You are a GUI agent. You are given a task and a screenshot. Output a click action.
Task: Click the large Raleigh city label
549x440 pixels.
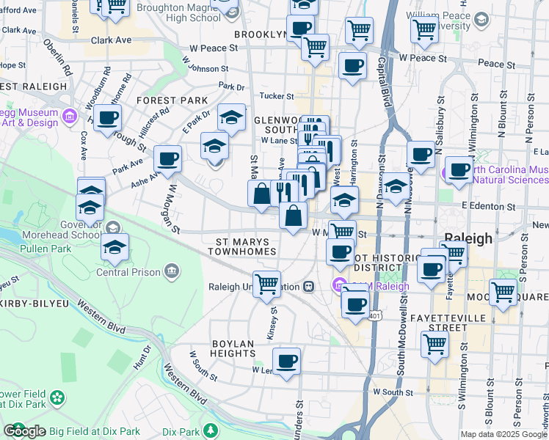(x=470, y=238)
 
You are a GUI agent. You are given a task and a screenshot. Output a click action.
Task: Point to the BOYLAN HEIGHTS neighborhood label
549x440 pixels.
(x=243, y=344)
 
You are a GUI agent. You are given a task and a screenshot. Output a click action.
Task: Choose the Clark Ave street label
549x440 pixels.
(x=112, y=40)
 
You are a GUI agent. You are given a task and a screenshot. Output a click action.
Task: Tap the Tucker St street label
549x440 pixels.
(x=276, y=96)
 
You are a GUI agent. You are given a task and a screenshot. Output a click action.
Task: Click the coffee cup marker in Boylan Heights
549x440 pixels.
(x=286, y=360)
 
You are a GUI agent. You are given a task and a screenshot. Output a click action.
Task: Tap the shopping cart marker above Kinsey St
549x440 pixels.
(x=266, y=283)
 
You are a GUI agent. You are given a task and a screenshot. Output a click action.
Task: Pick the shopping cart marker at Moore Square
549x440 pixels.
(x=503, y=291)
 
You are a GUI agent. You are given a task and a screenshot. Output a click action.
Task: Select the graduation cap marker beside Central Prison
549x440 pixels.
(x=114, y=247)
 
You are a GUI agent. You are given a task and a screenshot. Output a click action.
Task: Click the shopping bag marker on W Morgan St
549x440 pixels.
(x=293, y=216)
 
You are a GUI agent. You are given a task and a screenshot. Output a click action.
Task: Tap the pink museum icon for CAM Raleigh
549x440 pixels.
(x=339, y=285)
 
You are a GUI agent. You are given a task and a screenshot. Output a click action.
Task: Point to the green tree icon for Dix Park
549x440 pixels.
(x=211, y=430)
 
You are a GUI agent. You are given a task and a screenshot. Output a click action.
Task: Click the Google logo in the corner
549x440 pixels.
(x=24, y=431)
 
